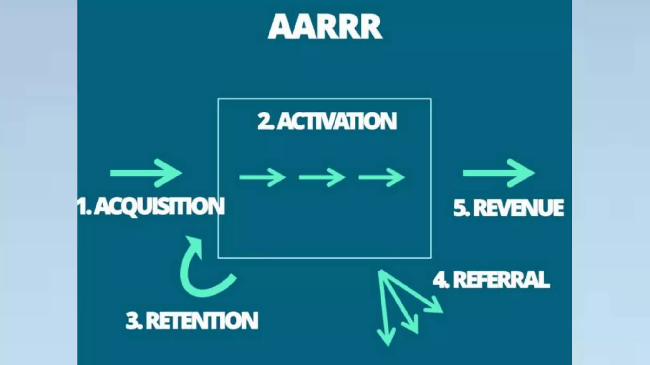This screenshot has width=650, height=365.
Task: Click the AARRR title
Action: tap(325, 27)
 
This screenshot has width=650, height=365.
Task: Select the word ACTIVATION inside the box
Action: tap(337, 121)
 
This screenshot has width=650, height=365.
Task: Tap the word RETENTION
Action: tap(202, 321)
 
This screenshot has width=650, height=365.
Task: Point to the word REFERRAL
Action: tap(501, 280)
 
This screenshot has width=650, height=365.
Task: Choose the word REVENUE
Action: tap(519, 208)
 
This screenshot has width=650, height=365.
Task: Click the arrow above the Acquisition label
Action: tap(146, 173)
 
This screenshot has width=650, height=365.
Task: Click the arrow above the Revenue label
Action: tap(499, 173)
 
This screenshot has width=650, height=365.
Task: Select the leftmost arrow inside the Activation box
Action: tap(262, 177)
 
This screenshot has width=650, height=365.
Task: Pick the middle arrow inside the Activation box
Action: tap(322, 177)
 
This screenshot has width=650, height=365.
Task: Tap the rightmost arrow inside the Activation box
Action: tap(381, 177)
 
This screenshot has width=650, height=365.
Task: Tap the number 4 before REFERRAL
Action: tap(440, 280)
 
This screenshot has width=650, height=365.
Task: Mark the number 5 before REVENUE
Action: tap(460, 208)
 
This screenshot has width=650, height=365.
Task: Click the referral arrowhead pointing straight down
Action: tap(387, 338)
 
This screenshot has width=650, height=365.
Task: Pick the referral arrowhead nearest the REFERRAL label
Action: tap(435, 306)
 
